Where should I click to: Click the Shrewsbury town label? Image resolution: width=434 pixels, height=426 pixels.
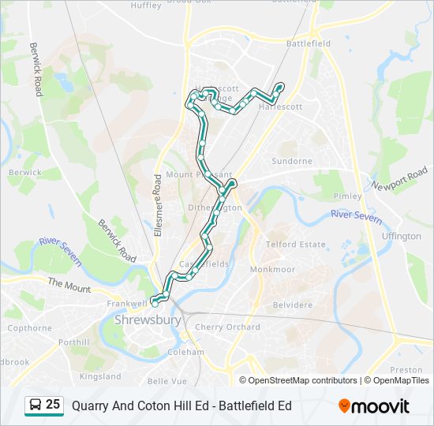point(148,320)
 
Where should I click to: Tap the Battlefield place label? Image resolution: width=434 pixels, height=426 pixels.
point(310,44)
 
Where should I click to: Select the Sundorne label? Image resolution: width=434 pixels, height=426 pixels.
point(292,161)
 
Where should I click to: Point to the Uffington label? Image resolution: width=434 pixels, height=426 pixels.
point(401,236)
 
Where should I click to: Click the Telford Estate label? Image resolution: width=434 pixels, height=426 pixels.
point(296,245)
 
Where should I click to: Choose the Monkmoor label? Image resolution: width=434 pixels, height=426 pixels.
point(272,269)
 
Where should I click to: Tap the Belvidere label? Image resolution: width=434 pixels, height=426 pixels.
point(292,304)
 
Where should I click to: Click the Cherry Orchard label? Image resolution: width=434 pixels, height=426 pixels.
point(227,327)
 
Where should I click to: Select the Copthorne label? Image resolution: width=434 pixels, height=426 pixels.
point(29,327)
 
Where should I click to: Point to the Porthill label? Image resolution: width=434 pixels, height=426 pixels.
point(73,342)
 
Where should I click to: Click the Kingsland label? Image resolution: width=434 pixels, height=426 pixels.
point(101,376)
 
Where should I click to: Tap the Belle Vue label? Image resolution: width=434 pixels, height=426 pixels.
point(167,380)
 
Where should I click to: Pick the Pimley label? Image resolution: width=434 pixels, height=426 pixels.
point(348,196)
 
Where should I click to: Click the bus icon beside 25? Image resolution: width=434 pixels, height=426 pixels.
point(36,405)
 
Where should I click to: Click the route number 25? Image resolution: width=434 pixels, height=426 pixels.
point(53,405)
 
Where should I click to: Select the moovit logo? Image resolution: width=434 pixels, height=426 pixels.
point(374,405)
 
